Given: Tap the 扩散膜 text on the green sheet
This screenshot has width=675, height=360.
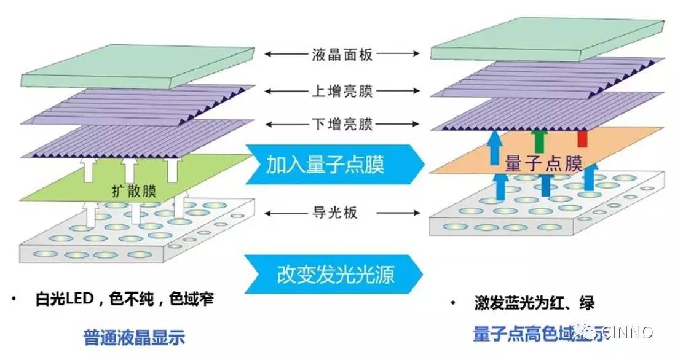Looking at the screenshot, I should pyautogui.click(x=134, y=190).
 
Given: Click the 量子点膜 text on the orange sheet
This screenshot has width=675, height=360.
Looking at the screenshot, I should pyautogui.click(x=543, y=163).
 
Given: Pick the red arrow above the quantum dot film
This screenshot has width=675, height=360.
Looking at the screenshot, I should pyautogui.click(x=582, y=139).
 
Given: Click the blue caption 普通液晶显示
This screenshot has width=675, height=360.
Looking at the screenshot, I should pyautogui.click(x=135, y=337).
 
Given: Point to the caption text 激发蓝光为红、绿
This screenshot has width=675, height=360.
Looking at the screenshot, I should pyautogui.click(x=534, y=303).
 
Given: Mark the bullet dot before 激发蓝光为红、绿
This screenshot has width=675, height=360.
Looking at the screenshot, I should pyautogui.click(x=452, y=303).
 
